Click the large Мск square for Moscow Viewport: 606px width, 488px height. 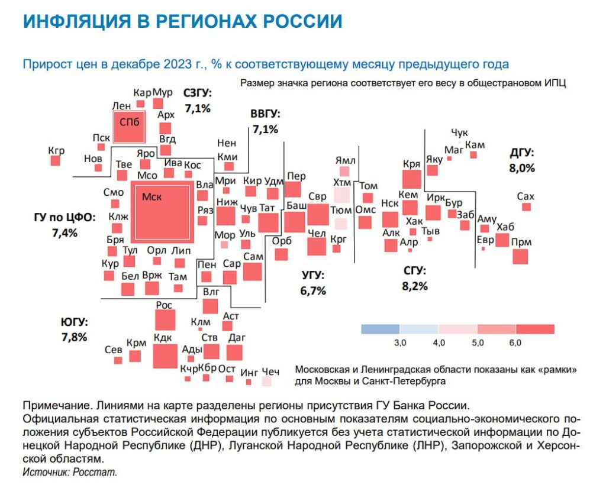[x=162, y=212]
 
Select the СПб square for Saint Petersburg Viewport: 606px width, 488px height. [x=129, y=127]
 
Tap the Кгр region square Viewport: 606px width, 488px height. [x=56, y=160]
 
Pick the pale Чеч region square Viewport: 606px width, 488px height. [x=266, y=382]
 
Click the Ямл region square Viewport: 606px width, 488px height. [x=344, y=171]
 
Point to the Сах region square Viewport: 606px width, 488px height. [x=526, y=206]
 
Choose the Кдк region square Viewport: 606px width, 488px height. [x=165, y=356]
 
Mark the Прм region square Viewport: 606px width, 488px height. [x=520, y=257]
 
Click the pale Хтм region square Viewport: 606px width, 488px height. [x=341, y=196]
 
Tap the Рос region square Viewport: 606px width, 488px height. [x=165, y=320]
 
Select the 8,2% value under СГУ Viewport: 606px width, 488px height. [x=415, y=286]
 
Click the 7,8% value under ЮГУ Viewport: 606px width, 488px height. [x=74, y=337]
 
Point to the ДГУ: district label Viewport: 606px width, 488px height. [x=522, y=153]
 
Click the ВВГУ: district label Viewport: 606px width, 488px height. [x=265, y=114]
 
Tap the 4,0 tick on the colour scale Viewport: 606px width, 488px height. [x=439, y=342]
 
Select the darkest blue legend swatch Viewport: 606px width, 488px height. [x=381, y=329]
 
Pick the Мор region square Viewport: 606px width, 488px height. [x=224, y=244]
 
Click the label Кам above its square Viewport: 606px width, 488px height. [x=475, y=145]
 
